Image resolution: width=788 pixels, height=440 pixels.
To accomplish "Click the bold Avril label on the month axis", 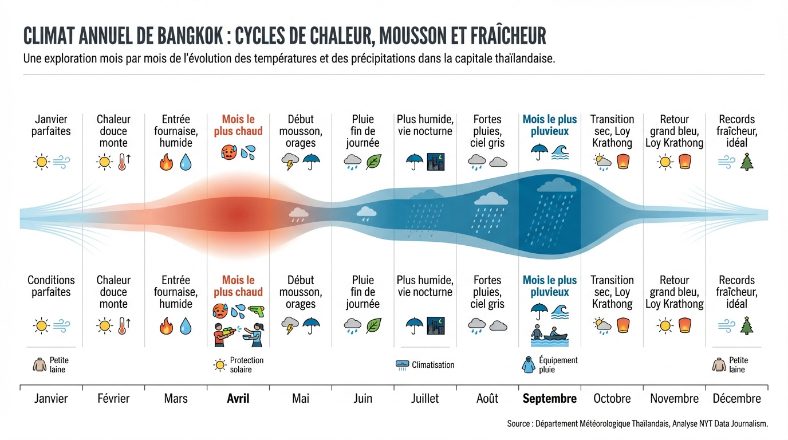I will tap(238, 398).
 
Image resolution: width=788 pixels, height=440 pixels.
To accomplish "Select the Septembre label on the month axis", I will tap(549, 398).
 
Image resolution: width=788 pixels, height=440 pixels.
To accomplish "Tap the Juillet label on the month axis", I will tap(424, 398).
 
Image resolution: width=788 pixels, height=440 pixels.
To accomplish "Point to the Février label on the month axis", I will tap(113, 398).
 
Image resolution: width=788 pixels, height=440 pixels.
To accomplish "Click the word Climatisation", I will tap(433, 365).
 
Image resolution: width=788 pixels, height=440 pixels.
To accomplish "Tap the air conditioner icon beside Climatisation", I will tap(403, 365).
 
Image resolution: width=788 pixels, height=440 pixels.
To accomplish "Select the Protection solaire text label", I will tap(247, 365).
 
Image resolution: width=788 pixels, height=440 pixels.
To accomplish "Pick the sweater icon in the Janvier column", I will tap(40, 365).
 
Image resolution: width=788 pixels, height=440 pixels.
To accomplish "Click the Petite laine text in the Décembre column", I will tap(738, 365).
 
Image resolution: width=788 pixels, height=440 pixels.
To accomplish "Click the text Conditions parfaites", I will tap(51, 286).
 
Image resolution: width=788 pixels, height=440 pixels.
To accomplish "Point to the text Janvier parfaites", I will tap(51, 125).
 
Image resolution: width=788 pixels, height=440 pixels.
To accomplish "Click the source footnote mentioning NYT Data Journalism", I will tap(637, 424).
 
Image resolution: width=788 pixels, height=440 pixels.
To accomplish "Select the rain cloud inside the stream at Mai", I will tap(298, 214).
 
